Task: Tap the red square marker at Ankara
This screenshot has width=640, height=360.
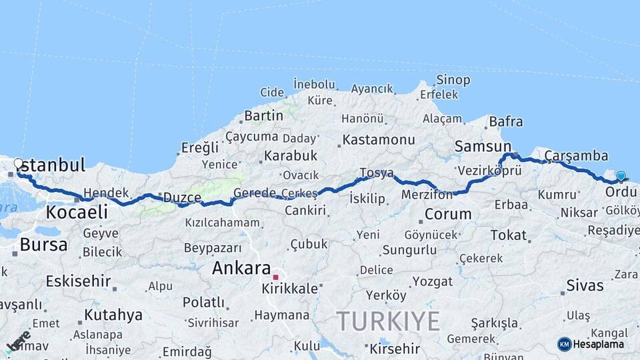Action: coord(275,277)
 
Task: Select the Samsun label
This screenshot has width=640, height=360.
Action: coord(483,146)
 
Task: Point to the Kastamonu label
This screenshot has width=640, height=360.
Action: coord(379,140)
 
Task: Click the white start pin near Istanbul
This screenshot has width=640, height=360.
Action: coord(18,163)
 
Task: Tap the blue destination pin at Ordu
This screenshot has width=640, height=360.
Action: coord(621,177)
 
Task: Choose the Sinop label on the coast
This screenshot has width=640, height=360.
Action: coord(453,80)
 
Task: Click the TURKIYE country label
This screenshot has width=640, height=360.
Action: coord(387,321)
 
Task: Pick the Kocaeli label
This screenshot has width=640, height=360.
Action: coord(77,213)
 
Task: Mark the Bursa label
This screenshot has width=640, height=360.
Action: coord(43,245)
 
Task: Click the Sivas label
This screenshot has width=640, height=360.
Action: coord(585,286)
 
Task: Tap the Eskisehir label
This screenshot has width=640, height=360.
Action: coord(78,281)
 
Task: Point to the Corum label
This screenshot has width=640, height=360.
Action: coord(448,215)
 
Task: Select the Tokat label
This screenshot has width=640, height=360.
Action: coord(509,235)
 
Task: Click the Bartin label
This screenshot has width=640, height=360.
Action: coord(263,116)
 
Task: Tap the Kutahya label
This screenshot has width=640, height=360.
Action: coord(113,315)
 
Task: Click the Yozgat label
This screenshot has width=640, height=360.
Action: coord(432,281)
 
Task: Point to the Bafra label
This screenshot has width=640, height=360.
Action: coord(506,122)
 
